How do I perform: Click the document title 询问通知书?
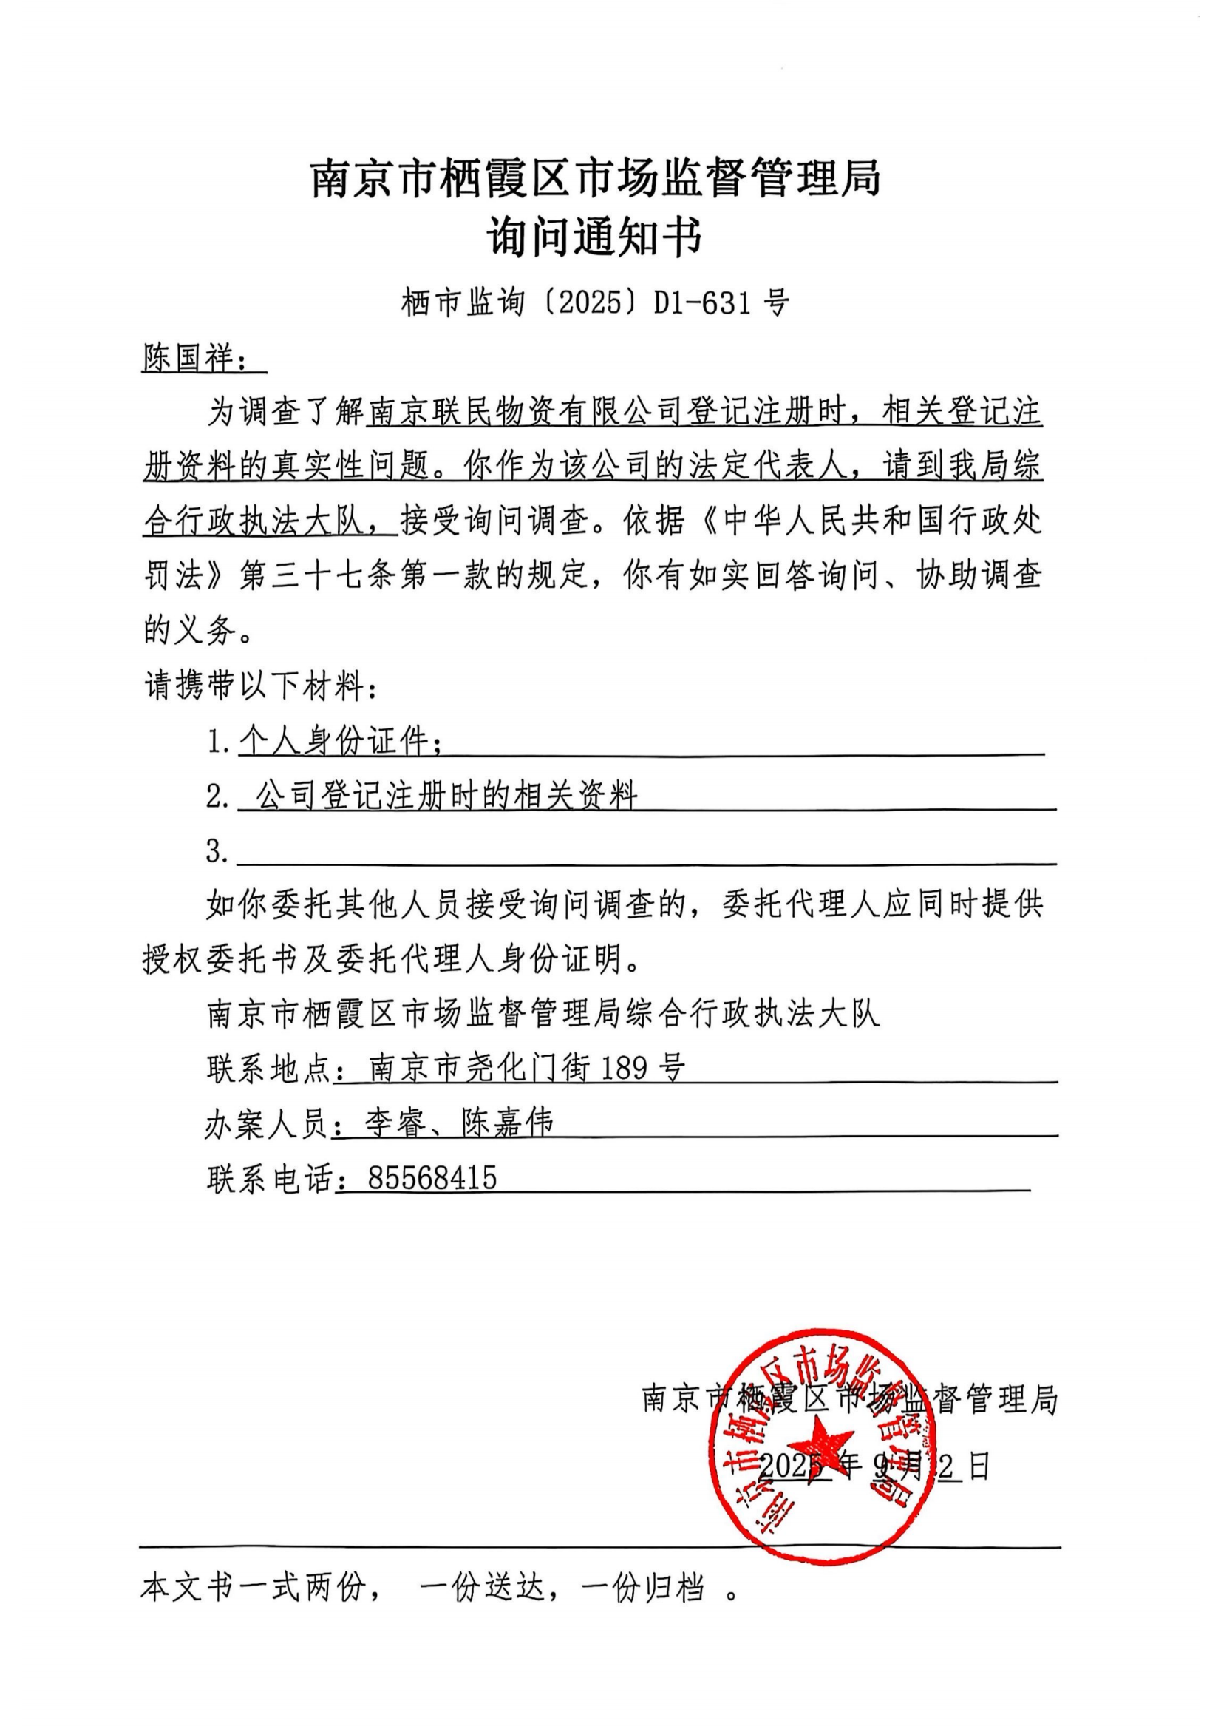tap(595, 237)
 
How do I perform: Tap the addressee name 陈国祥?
tap(189, 358)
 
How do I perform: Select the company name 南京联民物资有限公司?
tap(526, 413)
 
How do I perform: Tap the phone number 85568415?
tap(432, 1178)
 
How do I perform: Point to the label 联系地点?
tap(268, 1069)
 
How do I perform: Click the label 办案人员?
tap(267, 1123)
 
